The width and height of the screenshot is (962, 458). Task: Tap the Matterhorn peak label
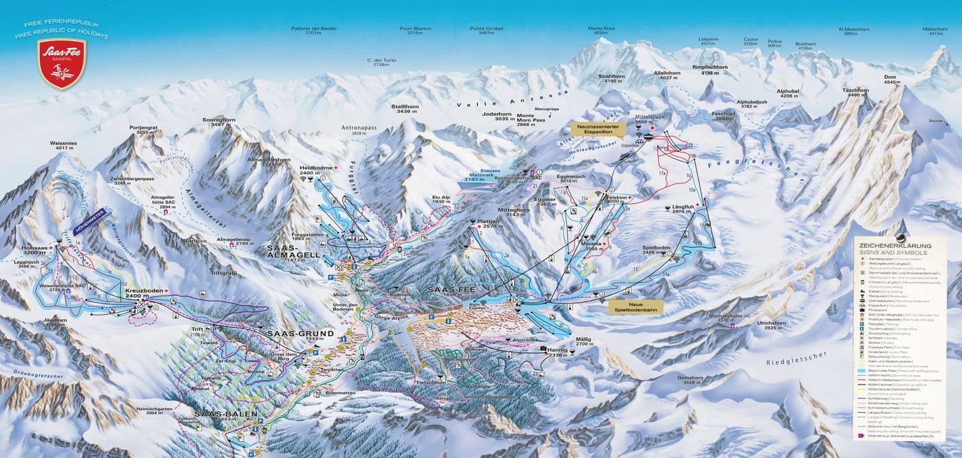click(935, 31)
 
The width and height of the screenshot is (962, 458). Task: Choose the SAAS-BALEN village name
click(225, 415)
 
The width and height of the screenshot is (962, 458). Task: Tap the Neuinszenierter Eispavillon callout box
click(599, 130)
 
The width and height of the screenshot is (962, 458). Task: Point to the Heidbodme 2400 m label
click(317, 170)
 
